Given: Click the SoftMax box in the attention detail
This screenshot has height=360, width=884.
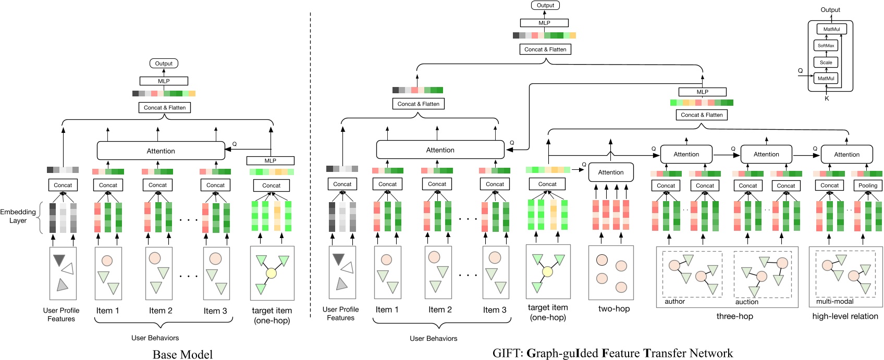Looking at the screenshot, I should (x=826, y=45).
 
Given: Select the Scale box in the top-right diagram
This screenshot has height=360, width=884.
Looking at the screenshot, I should (x=826, y=62).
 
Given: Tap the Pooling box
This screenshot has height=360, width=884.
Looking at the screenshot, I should (x=868, y=185).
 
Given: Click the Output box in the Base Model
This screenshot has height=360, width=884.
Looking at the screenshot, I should (x=164, y=64).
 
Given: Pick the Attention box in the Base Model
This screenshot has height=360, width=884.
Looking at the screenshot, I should (x=161, y=151).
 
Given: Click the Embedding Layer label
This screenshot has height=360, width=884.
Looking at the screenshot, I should (x=18, y=216).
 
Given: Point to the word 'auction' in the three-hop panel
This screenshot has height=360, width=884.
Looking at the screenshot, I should (x=746, y=302).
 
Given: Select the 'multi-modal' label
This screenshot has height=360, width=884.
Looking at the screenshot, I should (x=834, y=301).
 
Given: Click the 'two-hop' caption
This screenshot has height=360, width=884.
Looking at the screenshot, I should (x=614, y=308).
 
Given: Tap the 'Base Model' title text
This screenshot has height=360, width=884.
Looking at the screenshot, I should (x=182, y=354).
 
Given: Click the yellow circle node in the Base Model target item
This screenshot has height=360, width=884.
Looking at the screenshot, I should (x=271, y=272).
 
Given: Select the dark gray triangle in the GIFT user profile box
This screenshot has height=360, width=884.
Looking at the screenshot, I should (x=339, y=258).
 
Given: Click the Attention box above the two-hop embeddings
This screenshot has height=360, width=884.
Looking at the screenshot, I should (x=611, y=172).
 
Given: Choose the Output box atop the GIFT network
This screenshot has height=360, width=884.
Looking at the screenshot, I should (x=545, y=5).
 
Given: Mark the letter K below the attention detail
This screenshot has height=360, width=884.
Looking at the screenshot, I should (x=827, y=98).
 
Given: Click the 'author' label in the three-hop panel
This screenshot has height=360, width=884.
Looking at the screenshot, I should (x=674, y=301).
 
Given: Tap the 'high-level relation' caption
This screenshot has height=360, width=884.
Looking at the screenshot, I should (x=845, y=316).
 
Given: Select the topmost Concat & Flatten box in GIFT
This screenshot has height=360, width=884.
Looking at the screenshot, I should (x=545, y=49).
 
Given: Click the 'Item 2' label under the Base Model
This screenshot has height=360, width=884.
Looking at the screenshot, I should (x=161, y=311).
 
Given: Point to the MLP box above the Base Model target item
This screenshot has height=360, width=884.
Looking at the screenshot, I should (x=270, y=160).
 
